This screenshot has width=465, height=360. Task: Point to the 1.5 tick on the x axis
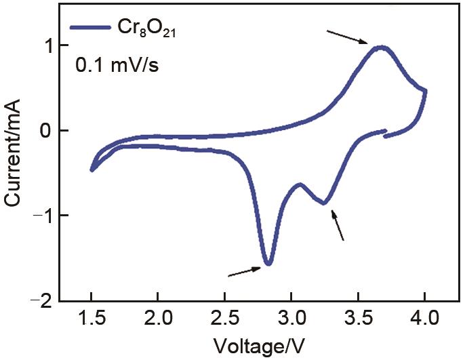point(91,317)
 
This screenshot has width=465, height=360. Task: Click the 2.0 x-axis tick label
point(157,317)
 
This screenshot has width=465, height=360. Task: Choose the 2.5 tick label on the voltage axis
point(224,317)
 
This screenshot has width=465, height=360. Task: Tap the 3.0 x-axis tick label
point(291,317)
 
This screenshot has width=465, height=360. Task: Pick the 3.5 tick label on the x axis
point(358,317)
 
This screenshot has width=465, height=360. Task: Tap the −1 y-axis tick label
point(43,216)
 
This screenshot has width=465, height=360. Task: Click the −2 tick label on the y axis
point(43,300)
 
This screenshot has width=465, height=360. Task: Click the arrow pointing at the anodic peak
point(346,37)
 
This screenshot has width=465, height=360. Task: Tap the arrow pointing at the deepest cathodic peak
point(245,271)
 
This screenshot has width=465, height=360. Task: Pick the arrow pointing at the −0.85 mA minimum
point(338,225)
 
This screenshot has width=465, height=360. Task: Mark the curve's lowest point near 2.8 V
point(268,264)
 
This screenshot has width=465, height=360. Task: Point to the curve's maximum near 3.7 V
point(382,47)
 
